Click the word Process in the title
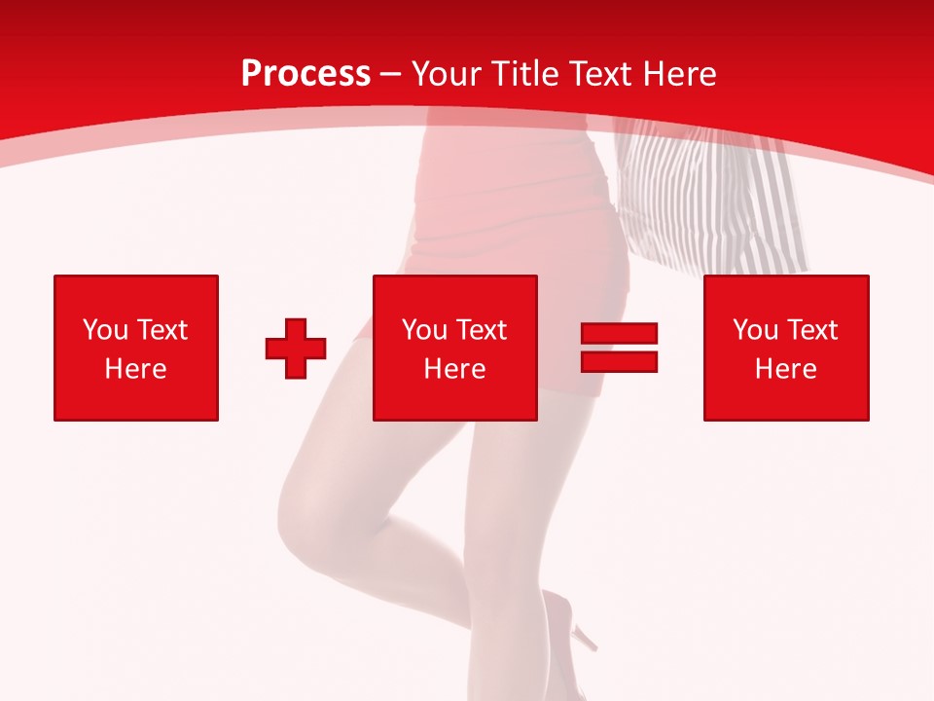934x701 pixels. tap(305, 74)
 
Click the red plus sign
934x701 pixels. tap(296, 349)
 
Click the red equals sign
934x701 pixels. tap(620, 348)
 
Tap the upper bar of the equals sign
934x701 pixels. tap(620, 334)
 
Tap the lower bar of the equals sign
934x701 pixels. tap(620, 361)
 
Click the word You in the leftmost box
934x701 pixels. tap(105, 330)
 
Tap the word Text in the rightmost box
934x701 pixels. tap(810, 330)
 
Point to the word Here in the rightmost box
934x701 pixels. tap(786, 369)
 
